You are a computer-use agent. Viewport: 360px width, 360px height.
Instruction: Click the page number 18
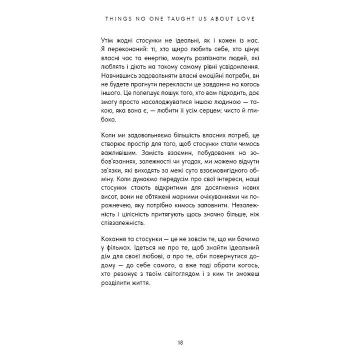point(180,328)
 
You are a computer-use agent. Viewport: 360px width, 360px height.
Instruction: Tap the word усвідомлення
point(244,67)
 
